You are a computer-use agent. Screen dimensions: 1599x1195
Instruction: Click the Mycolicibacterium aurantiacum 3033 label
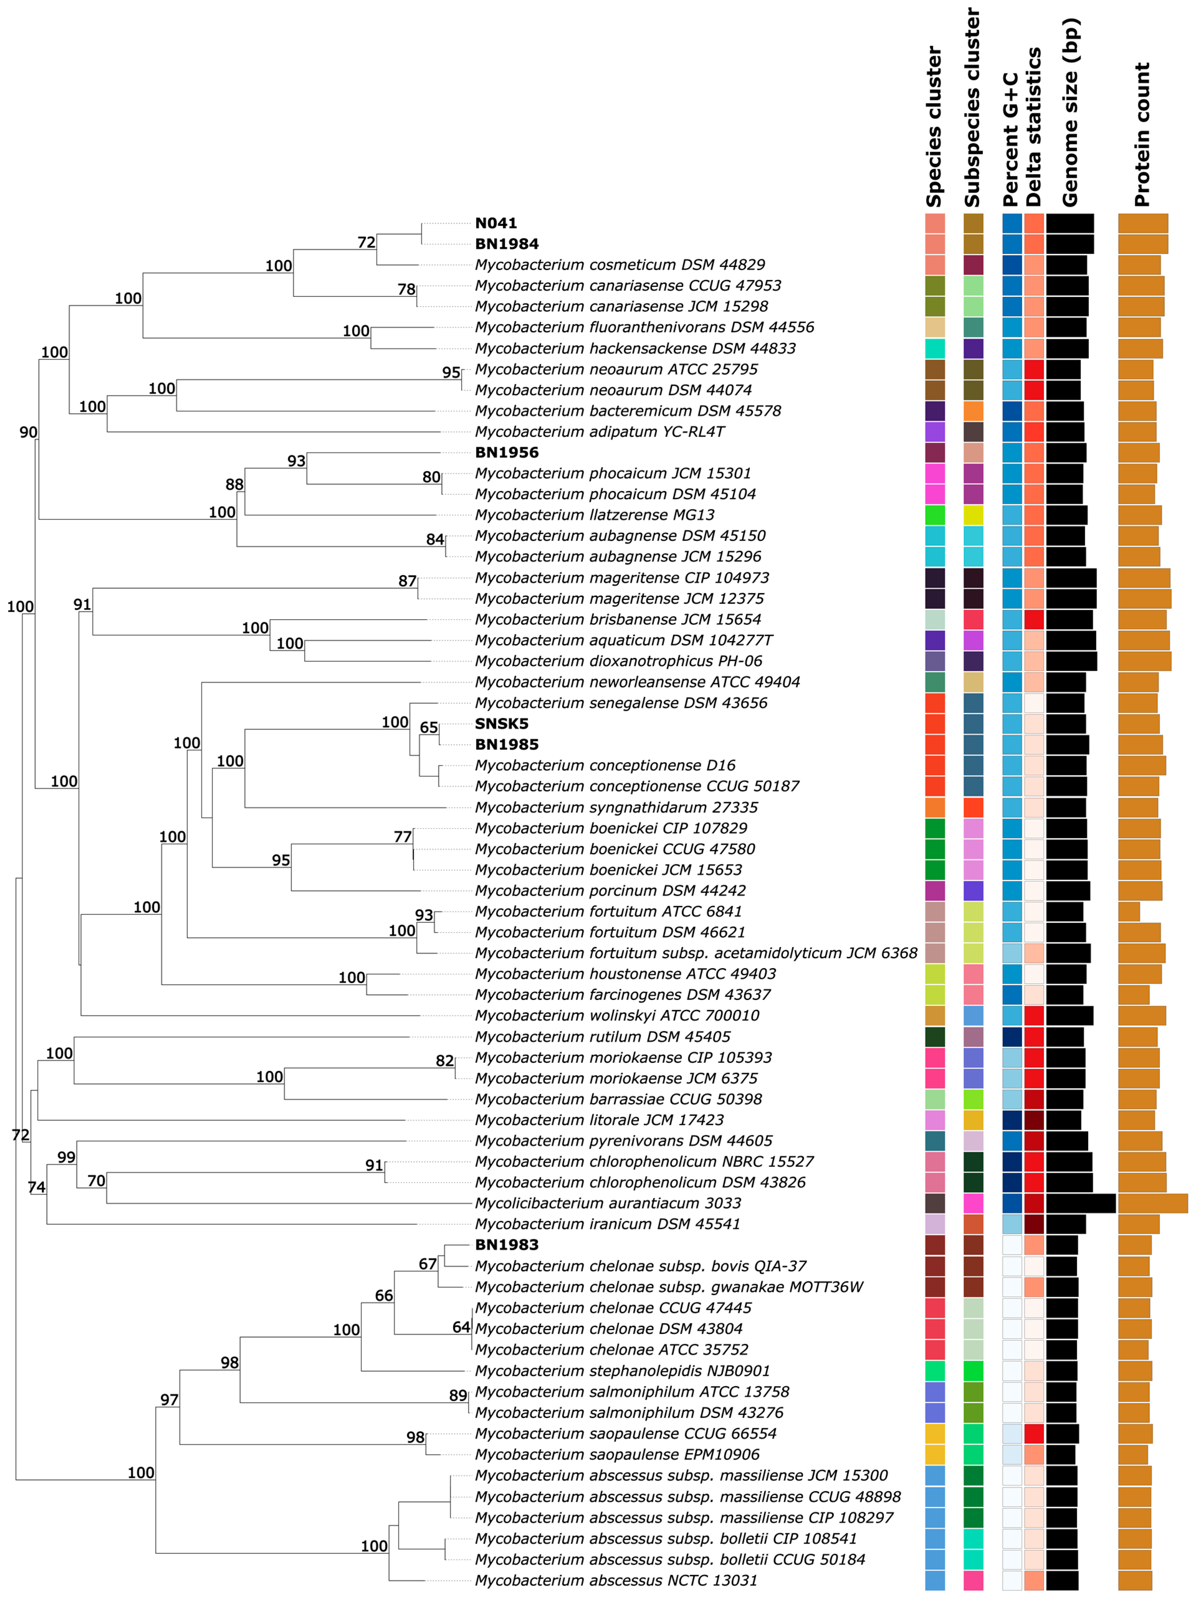tap(607, 1203)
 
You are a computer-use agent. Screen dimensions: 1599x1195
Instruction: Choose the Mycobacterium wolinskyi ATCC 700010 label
tap(617, 1016)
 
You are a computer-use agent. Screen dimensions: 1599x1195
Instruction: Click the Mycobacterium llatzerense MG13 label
tap(594, 515)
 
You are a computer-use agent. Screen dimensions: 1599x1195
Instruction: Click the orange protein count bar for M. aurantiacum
tap(1152, 1203)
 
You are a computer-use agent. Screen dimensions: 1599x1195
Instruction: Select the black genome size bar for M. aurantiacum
tap(1081, 1203)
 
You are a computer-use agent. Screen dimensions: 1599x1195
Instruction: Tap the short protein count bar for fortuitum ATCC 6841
tap(1129, 911)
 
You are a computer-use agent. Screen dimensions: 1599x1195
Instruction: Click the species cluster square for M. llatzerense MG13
tap(935, 515)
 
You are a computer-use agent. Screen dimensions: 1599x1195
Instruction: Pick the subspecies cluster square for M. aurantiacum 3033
tap(973, 1203)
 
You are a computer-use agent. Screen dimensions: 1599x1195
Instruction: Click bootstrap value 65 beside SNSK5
tap(429, 727)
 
